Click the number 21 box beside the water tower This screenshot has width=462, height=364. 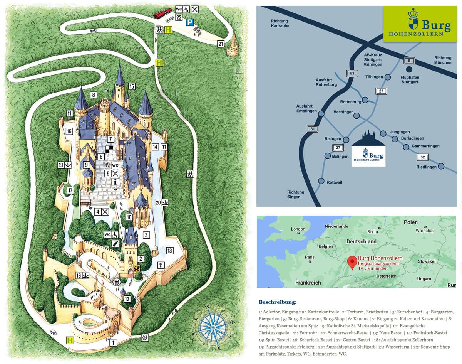coord(221,44)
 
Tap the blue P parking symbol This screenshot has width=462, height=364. coord(189,22)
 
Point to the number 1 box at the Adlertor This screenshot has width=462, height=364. coord(113,342)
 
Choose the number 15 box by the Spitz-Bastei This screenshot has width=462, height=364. coord(132,86)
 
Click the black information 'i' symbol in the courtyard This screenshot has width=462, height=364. coord(115,182)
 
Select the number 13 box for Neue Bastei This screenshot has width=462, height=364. coord(170,251)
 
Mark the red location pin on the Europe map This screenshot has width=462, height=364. coord(352,262)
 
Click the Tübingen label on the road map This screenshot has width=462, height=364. coord(374,77)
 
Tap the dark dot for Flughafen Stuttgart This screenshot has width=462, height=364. coord(409,69)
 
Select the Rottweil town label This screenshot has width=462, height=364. coord(334,182)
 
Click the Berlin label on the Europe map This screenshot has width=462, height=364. coord(372,231)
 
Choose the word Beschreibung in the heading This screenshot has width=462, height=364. coord(278,302)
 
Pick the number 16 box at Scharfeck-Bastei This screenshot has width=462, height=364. coord(69,131)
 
